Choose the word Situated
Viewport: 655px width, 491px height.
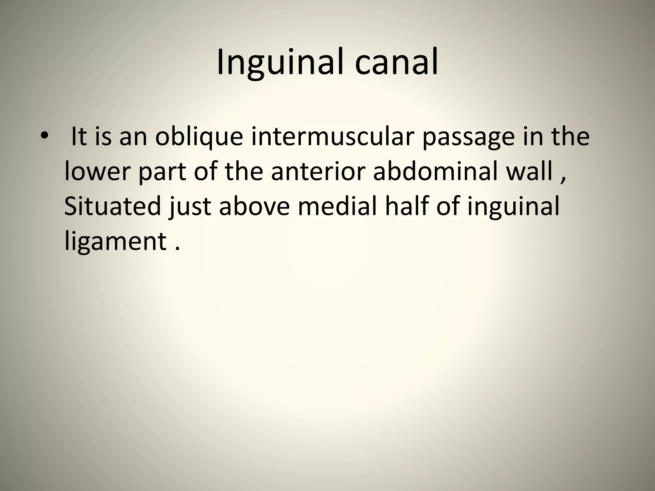point(112,206)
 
